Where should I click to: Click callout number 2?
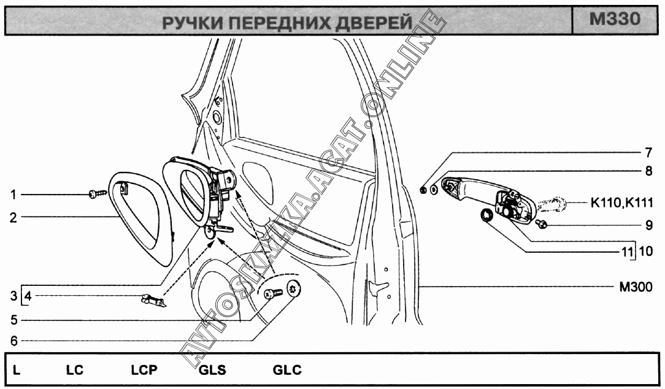tap(13, 217)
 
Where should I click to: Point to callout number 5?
tap(13, 320)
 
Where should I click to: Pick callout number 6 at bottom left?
tap(13, 339)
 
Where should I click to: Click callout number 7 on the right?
tap(648, 151)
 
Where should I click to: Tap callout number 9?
tap(648, 225)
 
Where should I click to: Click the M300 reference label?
tap(635, 287)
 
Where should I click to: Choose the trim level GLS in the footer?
tap(212, 370)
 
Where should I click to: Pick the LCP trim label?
tap(144, 370)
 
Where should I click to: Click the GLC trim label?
tap(286, 370)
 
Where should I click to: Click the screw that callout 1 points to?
tap(98, 194)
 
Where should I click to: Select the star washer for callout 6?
tap(294, 288)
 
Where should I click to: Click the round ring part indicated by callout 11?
tap(486, 215)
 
